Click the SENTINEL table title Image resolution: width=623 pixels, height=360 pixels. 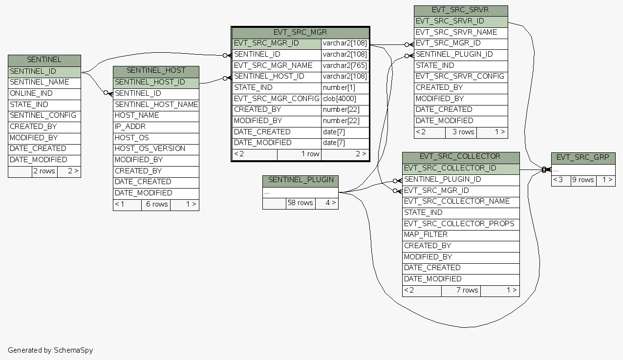tap(44, 60)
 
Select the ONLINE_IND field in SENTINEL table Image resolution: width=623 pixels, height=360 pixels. tap(31, 93)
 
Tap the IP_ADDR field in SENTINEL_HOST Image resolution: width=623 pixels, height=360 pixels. tap(130, 127)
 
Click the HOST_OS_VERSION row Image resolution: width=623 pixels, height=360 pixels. tap(150, 148)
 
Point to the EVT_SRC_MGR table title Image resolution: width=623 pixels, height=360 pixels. tap(300, 33)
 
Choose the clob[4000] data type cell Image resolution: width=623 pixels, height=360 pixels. tap(340, 99)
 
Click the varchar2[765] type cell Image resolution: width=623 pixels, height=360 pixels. tap(344, 65)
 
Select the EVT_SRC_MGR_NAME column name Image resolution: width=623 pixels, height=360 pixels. tap(273, 65)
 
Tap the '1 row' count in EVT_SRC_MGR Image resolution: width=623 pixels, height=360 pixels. tap(310, 154)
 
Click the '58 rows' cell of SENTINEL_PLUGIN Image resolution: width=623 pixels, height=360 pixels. tap(300, 203)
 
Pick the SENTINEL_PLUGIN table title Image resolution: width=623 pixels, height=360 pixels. tap(301, 180)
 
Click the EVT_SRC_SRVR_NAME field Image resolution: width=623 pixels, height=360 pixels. tap(456, 32)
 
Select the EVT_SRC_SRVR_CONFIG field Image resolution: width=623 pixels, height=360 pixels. tap(460, 77)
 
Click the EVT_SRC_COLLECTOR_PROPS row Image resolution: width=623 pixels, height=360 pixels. tap(459, 224)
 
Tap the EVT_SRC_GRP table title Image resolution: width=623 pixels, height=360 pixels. tap(583, 157)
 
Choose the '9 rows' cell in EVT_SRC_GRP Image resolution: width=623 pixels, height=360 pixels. tap(583, 180)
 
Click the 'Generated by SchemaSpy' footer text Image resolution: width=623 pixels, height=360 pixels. tap(50, 350)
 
